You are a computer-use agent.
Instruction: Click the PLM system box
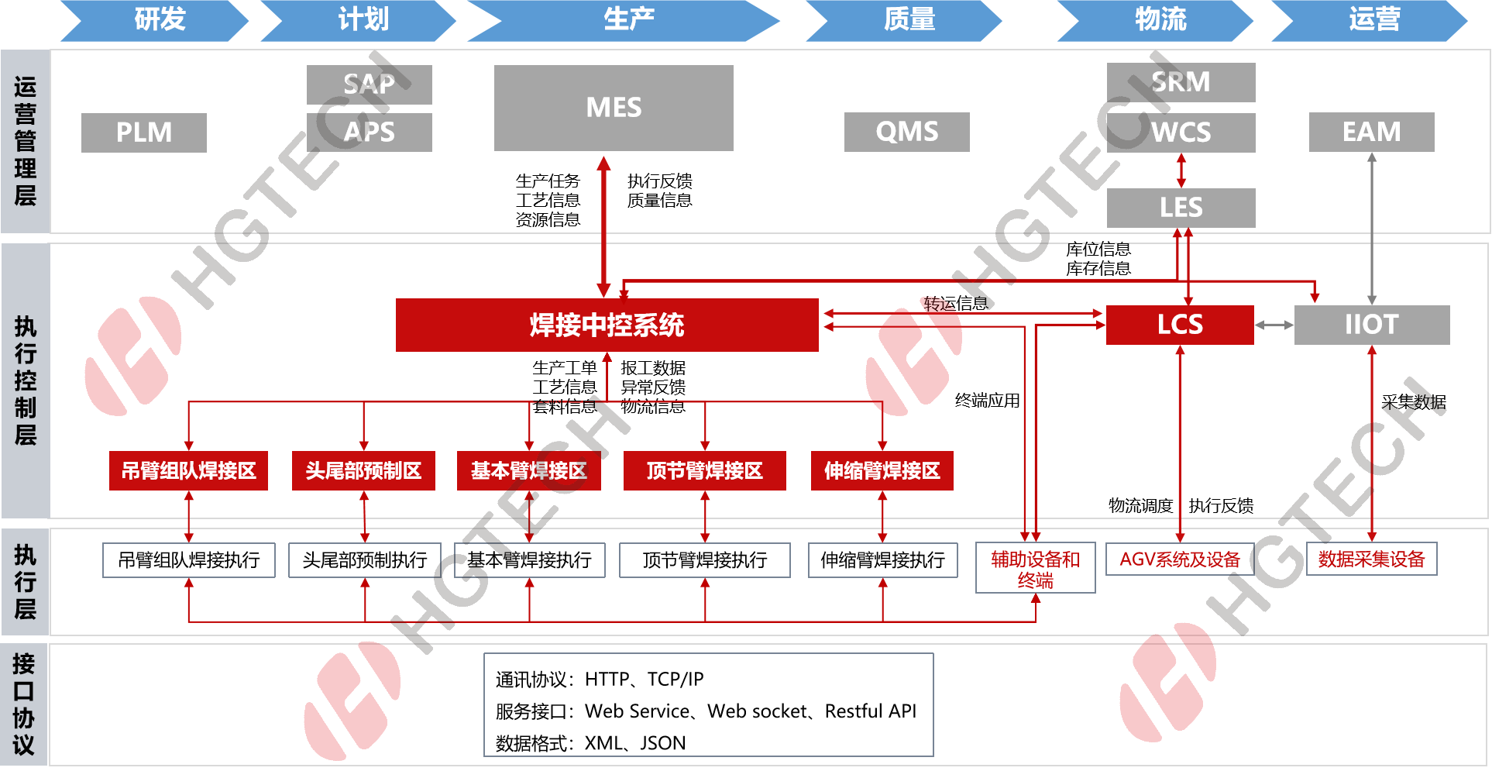tap(143, 133)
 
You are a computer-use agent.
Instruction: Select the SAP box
tap(369, 84)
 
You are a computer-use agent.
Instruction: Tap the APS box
tap(369, 133)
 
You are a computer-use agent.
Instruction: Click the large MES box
tap(614, 108)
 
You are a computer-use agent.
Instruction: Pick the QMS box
tap(906, 132)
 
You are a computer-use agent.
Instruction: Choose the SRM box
tap(1181, 82)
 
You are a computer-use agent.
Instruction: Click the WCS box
tap(1181, 133)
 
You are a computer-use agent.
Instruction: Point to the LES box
tap(1181, 208)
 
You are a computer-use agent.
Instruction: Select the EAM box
tap(1371, 132)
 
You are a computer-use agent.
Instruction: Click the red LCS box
tap(1179, 325)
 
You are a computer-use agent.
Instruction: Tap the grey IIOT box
tap(1371, 325)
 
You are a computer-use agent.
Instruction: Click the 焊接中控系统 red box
tap(607, 325)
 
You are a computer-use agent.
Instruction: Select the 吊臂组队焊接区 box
tap(188, 470)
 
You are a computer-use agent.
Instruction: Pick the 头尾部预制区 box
tap(363, 470)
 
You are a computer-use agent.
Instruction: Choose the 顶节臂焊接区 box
tap(704, 470)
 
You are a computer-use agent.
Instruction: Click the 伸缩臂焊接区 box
tap(882, 470)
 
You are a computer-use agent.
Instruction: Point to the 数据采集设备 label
tap(1371, 559)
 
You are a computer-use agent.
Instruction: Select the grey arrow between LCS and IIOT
tap(1274, 325)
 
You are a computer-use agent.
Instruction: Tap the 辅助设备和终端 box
tap(1035, 568)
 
